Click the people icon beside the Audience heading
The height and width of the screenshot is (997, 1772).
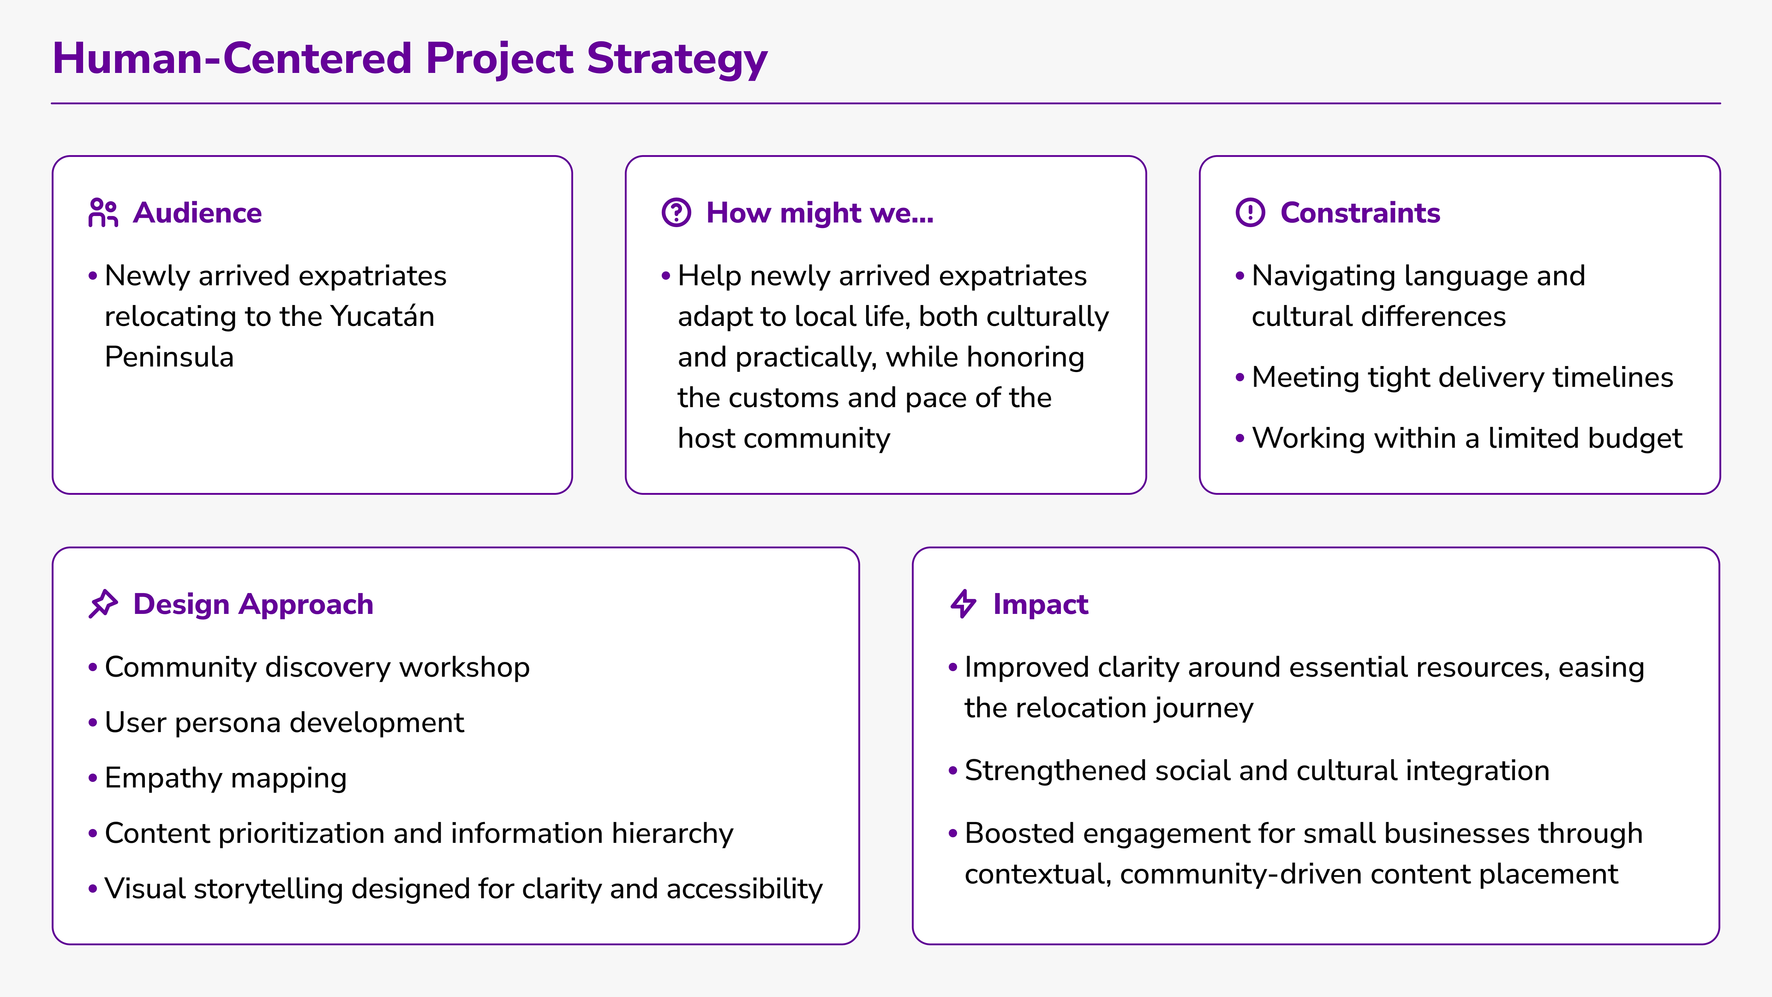[x=103, y=213]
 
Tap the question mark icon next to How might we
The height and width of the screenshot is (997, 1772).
[x=676, y=213]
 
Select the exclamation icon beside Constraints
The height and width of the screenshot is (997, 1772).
[x=1250, y=213]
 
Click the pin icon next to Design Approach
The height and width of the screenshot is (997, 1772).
[x=103, y=604]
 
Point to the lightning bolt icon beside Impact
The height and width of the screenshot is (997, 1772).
[x=963, y=604]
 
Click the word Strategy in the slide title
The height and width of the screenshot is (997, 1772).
[x=677, y=59]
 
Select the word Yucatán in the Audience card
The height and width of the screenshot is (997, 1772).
[x=383, y=317]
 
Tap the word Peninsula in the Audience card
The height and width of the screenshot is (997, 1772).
[x=169, y=357]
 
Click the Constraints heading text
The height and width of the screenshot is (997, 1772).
[x=1360, y=213]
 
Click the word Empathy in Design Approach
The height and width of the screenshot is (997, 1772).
[x=164, y=778]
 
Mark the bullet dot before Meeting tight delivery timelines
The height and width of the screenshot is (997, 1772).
[x=1239, y=377]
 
